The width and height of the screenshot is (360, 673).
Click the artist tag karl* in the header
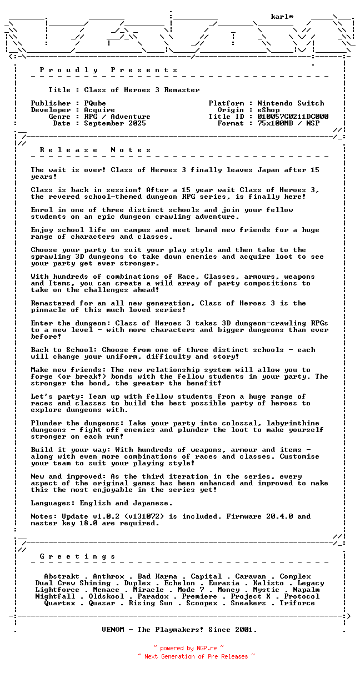coord(282,17)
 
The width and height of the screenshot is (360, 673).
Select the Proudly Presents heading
coord(109,70)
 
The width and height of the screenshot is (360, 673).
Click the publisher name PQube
coord(95,103)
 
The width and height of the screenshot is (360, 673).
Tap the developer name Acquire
coord(99,110)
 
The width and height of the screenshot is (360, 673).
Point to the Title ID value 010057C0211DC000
coord(293,117)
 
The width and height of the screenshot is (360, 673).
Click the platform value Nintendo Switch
coord(291,103)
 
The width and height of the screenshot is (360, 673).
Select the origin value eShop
coord(268,110)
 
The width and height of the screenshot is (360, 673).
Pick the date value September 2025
coord(115,123)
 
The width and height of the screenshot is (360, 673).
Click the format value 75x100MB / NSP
coord(288,123)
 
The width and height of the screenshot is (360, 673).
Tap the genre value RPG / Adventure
coord(117,117)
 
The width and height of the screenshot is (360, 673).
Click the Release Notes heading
coord(96,150)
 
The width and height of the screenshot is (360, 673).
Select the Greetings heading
coord(78,556)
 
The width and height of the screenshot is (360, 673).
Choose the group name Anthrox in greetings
coord(108,576)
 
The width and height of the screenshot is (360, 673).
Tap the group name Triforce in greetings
coord(297,603)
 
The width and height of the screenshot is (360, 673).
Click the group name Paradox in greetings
coord(153,596)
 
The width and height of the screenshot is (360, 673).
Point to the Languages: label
coord(53,503)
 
